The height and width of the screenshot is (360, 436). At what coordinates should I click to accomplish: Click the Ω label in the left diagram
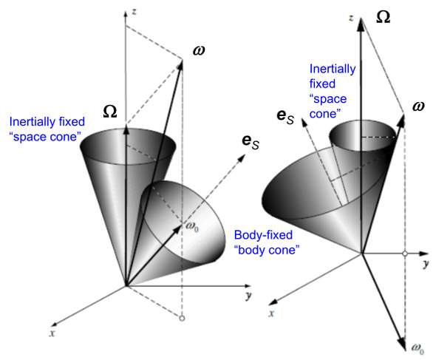click(x=110, y=112)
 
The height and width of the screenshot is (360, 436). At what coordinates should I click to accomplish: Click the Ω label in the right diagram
click(x=383, y=17)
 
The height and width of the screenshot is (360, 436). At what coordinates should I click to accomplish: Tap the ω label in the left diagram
click(x=199, y=50)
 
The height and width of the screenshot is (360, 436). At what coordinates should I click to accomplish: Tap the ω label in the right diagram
click(x=418, y=107)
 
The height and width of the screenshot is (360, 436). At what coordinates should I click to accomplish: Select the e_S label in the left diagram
click(x=251, y=142)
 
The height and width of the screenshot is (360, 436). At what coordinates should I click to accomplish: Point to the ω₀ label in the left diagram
click(x=192, y=226)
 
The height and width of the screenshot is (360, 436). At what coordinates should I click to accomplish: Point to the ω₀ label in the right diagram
click(x=418, y=349)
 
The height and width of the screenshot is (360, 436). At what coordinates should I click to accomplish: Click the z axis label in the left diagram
click(x=134, y=12)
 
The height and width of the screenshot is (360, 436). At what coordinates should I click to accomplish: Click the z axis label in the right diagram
click(x=352, y=18)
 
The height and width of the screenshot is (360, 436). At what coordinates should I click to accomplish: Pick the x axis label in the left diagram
click(x=52, y=333)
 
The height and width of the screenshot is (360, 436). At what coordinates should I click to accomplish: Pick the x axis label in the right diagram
click(x=271, y=313)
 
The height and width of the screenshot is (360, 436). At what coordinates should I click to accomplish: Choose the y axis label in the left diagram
click(x=248, y=296)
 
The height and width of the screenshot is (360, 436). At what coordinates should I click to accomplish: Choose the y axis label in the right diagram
click(x=426, y=264)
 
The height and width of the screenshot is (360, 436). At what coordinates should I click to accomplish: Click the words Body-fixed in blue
click(x=263, y=235)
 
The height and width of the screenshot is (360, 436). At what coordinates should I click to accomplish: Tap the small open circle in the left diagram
click(x=182, y=319)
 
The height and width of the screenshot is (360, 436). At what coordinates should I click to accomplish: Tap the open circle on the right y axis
click(x=405, y=254)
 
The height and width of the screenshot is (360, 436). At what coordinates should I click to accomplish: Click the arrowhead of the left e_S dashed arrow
click(x=242, y=157)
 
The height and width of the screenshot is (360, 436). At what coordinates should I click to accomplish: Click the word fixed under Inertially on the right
click(x=322, y=84)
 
